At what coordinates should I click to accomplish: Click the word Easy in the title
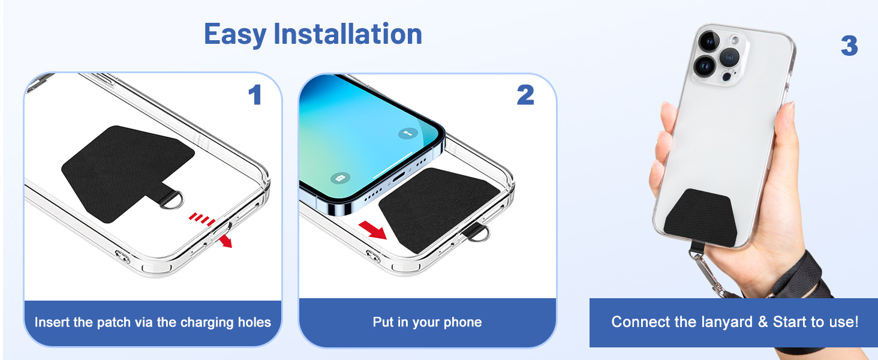click(235, 35)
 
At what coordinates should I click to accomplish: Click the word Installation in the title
click(348, 34)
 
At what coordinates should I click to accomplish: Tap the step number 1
click(255, 95)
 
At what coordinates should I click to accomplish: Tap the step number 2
click(525, 95)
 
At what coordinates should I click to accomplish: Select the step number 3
click(849, 46)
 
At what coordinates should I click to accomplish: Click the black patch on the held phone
click(701, 218)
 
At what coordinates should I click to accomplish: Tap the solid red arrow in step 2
click(373, 230)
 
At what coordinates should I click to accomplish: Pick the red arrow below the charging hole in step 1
click(225, 241)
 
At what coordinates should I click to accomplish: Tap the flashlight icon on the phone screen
click(408, 134)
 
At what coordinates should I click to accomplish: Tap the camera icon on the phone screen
click(340, 178)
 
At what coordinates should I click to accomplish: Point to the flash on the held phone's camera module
click(735, 40)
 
